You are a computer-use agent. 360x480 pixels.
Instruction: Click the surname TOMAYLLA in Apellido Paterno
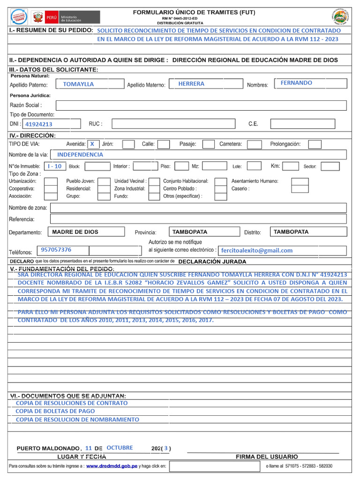(x=78, y=84)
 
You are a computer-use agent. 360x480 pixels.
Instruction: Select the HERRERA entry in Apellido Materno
(x=191, y=84)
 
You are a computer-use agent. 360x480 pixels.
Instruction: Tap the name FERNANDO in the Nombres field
(x=296, y=83)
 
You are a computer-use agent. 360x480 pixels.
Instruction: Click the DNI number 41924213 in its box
(x=39, y=124)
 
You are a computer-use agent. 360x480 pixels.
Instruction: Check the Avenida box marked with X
(x=92, y=144)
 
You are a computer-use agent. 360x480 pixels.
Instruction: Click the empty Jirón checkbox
(x=128, y=144)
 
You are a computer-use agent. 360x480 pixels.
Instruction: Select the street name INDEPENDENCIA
(x=80, y=155)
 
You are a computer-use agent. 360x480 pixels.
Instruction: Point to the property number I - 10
(x=55, y=166)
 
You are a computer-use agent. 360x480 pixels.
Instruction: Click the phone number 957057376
(x=56, y=250)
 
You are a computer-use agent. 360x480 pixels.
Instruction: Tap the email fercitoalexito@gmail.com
(x=257, y=251)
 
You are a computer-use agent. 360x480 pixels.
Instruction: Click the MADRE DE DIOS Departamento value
(x=75, y=232)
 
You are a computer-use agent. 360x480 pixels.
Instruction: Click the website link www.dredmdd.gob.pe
(x=112, y=466)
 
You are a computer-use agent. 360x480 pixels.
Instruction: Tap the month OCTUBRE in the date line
(x=120, y=448)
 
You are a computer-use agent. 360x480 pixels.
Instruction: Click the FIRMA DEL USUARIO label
(x=266, y=457)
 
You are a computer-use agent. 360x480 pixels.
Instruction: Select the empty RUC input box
(x=173, y=124)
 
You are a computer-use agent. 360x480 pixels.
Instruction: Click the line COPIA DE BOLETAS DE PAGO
(x=55, y=411)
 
